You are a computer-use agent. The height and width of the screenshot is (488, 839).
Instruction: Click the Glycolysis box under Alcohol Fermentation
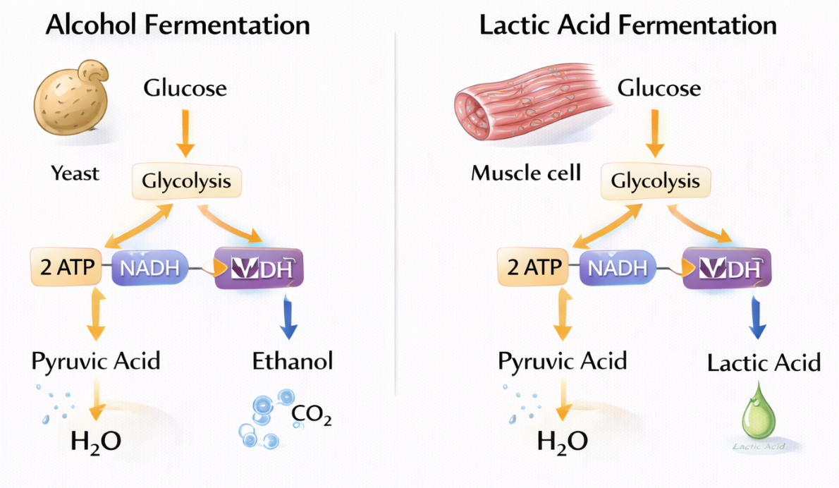[186, 182]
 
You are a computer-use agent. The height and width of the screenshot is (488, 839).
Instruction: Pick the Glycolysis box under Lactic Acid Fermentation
[655, 182]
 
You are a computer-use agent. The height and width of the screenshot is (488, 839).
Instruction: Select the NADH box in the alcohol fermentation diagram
[149, 267]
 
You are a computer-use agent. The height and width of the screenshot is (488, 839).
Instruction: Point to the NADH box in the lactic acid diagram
[617, 268]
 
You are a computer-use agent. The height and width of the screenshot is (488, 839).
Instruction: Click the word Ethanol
[293, 362]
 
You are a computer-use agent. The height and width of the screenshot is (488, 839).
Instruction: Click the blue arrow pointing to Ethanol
[288, 317]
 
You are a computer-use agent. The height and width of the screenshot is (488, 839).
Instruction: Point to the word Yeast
[75, 173]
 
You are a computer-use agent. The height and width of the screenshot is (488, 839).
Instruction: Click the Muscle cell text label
[526, 173]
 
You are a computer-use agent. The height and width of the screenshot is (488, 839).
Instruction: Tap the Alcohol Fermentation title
[177, 25]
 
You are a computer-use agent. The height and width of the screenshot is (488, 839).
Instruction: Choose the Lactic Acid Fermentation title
[627, 25]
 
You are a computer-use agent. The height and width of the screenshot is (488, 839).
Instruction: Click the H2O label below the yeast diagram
[95, 441]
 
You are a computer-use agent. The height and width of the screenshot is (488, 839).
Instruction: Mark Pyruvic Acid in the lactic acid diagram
[562, 362]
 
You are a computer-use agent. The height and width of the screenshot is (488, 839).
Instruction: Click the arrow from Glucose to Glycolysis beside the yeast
[185, 131]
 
